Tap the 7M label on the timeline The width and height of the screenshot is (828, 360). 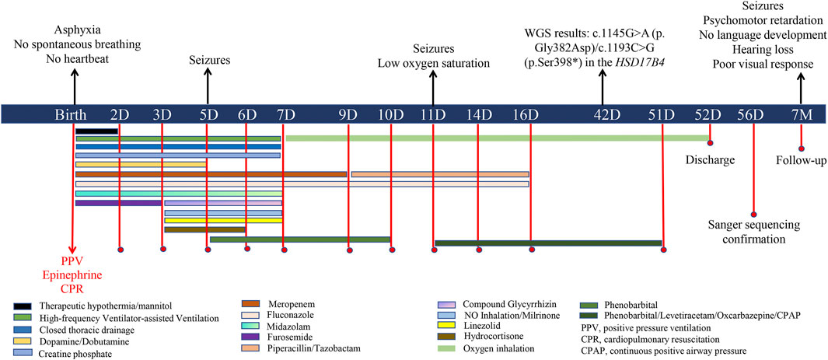coord(801,115)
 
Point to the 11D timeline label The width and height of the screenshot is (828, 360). coord(433,115)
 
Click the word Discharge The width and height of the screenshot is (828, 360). coord(711,159)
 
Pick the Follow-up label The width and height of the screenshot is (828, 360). coord(802,161)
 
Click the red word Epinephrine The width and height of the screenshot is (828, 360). coord(71,274)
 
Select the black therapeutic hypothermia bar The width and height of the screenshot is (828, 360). coord(96,131)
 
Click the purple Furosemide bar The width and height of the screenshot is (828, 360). coord(118,203)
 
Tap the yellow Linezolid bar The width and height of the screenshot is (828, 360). coord(222,220)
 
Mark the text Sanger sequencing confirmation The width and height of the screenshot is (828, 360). coord(753,232)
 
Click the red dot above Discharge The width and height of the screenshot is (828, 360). coord(710,142)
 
